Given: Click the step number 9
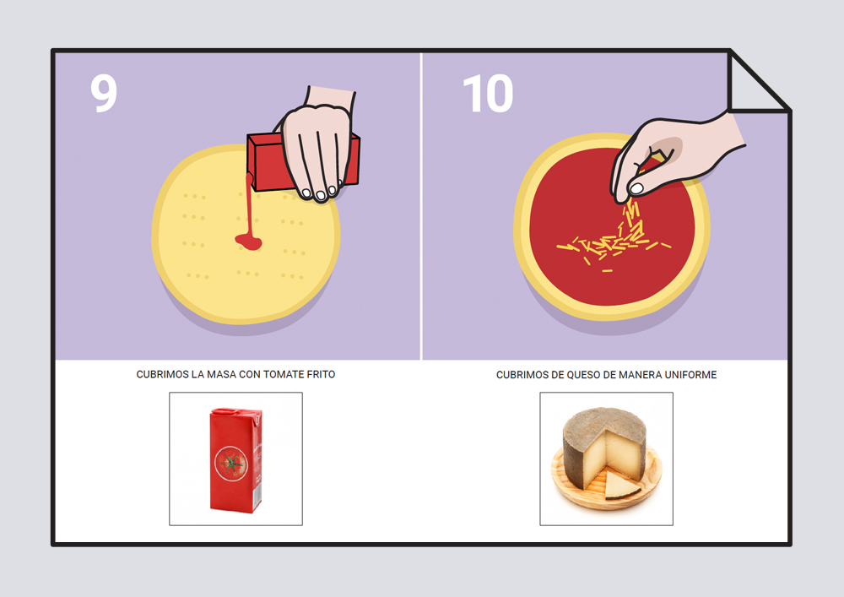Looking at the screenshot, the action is point(104,93).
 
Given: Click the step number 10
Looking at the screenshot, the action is point(488,94).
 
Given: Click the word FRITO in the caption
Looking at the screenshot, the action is point(322,375).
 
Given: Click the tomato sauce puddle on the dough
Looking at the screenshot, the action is point(249,242).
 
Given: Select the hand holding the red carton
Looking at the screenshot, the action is point(317,145).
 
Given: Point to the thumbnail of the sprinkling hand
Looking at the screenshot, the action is point(636,188).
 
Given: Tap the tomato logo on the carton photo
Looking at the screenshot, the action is point(231,464).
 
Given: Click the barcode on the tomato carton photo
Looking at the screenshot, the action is point(257,493).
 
